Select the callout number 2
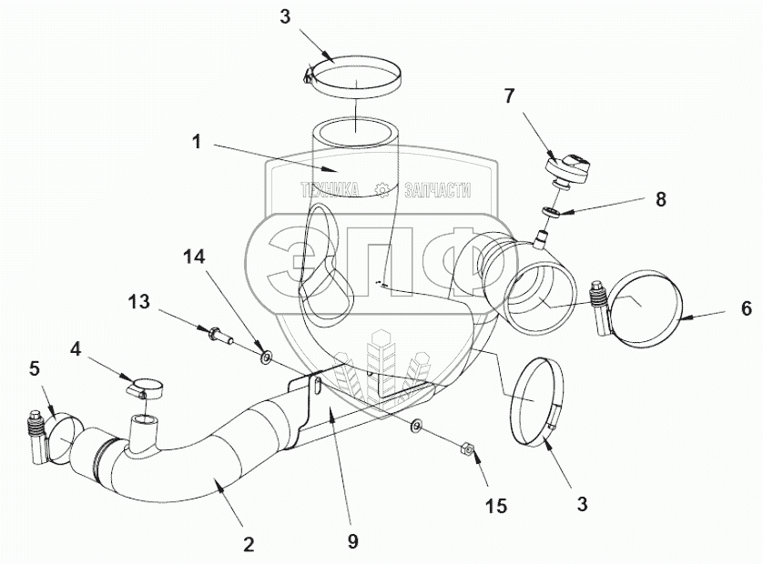(247, 545)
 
